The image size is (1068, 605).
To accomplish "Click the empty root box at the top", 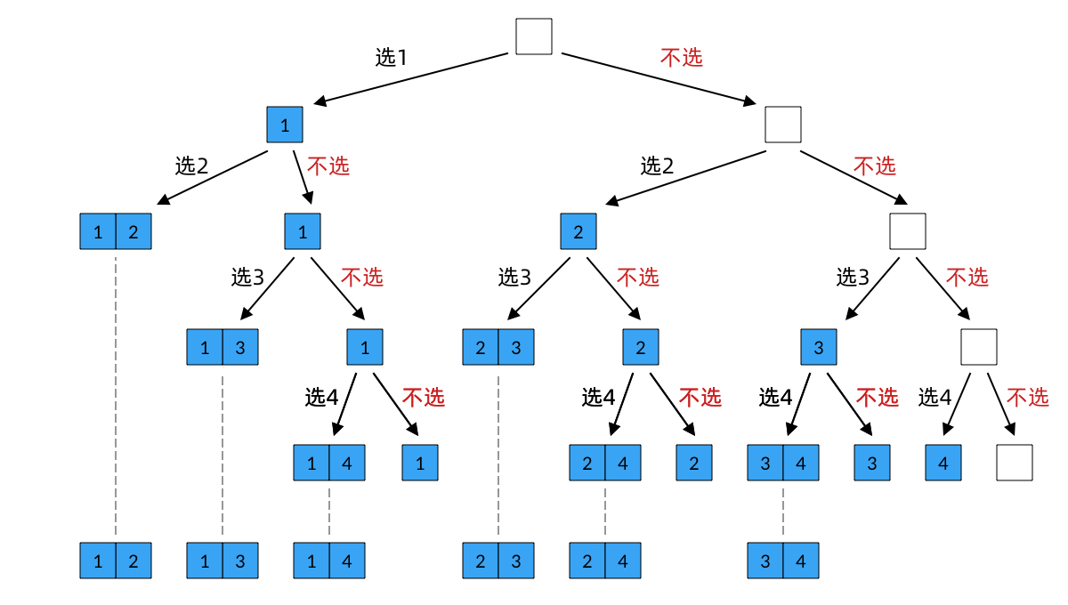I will (534, 36).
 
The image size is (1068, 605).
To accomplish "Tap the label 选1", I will (392, 58).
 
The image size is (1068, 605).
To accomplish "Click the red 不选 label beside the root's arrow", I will (682, 58).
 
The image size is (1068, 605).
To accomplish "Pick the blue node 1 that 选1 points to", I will (285, 125).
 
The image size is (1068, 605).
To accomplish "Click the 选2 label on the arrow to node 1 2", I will (191, 165).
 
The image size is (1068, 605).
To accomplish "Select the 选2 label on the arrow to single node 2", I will (657, 165).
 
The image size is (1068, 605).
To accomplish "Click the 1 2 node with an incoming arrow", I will (116, 232).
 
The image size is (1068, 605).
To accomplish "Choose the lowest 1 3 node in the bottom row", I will (222, 561).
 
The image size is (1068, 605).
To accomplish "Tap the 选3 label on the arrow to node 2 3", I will (514, 277).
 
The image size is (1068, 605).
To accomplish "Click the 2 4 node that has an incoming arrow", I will (605, 463).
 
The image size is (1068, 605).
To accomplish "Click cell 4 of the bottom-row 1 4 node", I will (347, 561).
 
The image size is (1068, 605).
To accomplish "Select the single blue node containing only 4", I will (943, 463).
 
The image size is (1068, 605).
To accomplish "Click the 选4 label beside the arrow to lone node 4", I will (934, 397).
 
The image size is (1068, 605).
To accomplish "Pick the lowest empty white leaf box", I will (1015, 463).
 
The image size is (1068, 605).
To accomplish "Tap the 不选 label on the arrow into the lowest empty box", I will (1027, 397).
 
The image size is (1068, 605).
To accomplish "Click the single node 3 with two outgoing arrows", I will (819, 347).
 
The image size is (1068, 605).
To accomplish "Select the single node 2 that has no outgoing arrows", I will (694, 463).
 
